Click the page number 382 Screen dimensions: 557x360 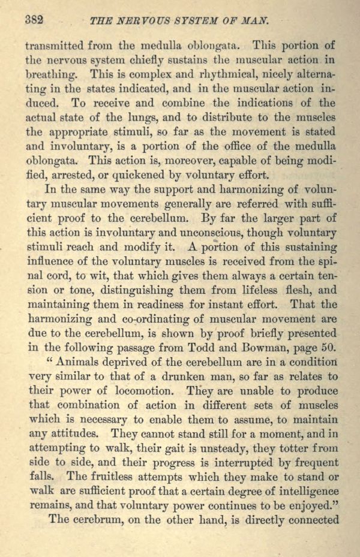point(34,19)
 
